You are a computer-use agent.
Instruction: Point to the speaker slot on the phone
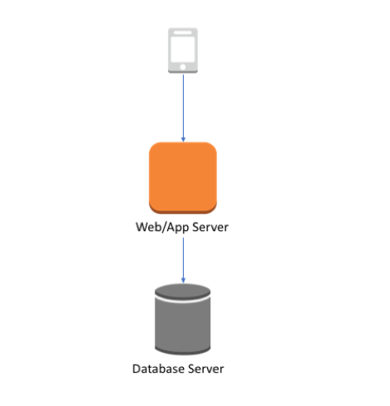tap(183, 33)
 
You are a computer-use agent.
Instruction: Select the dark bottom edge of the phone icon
tap(183, 72)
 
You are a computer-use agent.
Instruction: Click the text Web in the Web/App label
tap(148, 227)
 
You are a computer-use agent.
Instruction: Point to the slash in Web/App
tap(163, 227)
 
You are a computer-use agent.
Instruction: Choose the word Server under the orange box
tap(209, 227)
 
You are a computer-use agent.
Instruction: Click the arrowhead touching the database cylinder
tap(183, 280)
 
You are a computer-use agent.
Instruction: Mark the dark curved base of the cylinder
tap(183, 350)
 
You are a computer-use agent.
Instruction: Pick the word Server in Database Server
tap(206, 368)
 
